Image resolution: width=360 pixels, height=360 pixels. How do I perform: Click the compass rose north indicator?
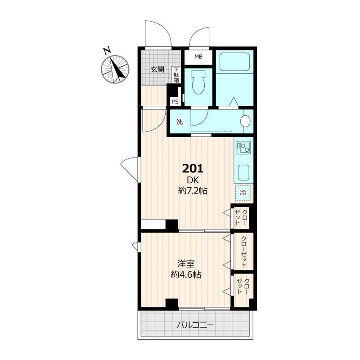click(x=115, y=69)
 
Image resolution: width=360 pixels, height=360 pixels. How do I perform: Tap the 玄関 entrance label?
click(x=157, y=69)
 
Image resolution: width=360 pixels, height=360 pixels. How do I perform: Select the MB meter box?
click(x=198, y=57)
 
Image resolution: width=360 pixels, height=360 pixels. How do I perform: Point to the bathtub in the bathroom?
click(x=234, y=62)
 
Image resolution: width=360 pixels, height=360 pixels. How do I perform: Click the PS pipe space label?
click(x=175, y=102)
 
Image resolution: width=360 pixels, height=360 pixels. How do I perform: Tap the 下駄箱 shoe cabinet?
click(x=176, y=75)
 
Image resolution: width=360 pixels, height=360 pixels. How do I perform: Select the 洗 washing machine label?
click(x=179, y=121)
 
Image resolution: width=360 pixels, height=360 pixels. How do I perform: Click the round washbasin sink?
click(x=245, y=121)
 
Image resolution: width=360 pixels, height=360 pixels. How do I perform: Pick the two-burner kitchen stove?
click(x=243, y=148)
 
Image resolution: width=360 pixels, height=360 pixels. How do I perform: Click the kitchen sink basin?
click(x=243, y=172)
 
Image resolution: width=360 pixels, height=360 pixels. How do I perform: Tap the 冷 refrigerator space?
click(x=243, y=193)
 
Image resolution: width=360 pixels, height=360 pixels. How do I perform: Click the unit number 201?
click(x=193, y=169)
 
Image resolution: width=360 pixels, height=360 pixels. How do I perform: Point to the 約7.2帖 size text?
click(x=193, y=191)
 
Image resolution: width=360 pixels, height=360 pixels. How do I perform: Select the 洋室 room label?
click(x=186, y=264)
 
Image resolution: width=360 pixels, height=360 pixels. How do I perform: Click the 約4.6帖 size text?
click(x=186, y=274)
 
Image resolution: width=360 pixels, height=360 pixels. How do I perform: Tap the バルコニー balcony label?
click(x=195, y=325)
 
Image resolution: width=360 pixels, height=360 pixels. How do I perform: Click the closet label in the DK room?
click(x=241, y=217)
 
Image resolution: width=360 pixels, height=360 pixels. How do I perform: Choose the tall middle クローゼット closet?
click(x=243, y=252)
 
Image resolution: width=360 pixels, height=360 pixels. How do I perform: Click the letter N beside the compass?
click(x=107, y=51)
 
